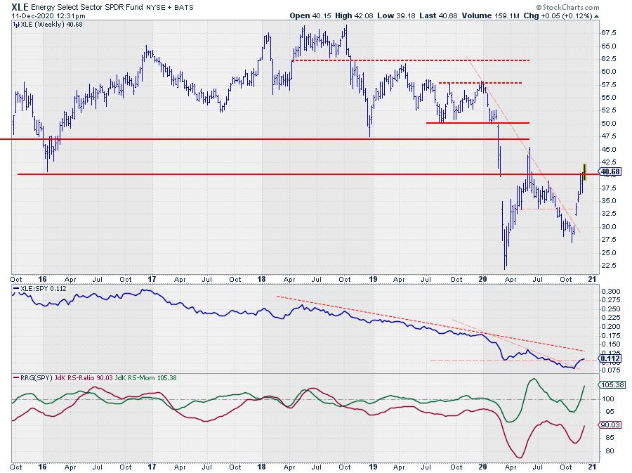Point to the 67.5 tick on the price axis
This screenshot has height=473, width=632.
608,33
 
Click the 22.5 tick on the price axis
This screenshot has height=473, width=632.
608,265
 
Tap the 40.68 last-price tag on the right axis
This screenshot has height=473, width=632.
610,171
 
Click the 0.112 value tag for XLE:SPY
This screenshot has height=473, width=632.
608,358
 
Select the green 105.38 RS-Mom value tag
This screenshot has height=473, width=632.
610,385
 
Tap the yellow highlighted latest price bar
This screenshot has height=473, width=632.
584,171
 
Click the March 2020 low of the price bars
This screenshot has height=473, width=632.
505,267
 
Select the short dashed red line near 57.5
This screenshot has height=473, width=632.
480,83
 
